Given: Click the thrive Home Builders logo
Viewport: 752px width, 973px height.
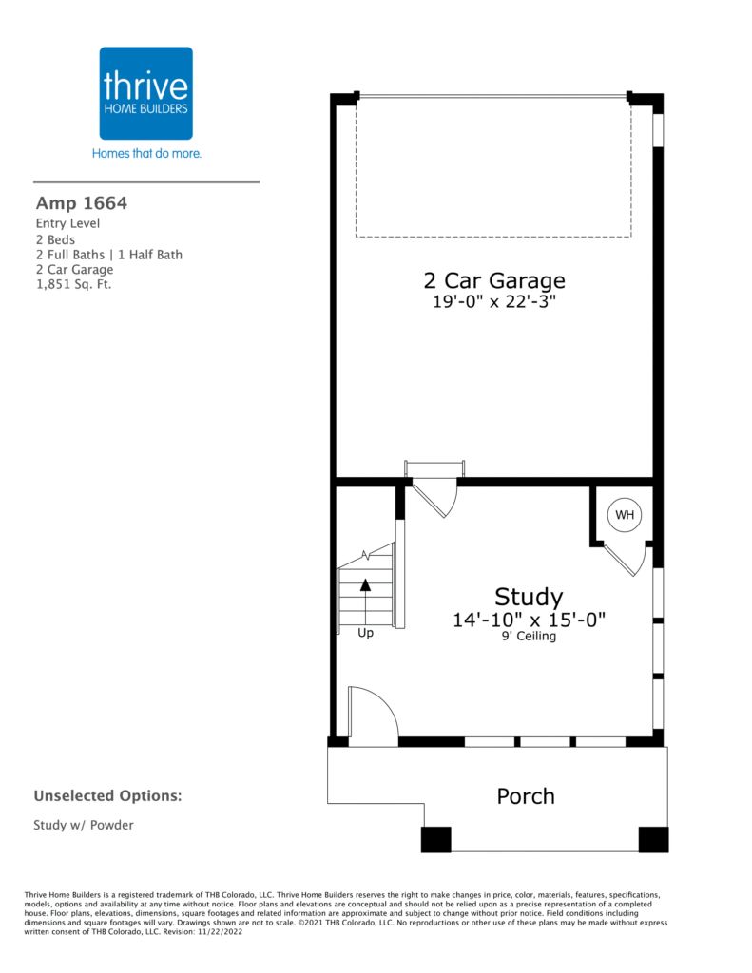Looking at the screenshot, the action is pyautogui.click(x=145, y=93).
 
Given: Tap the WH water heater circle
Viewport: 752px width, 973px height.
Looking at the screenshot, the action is pyautogui.click(x=625, y=514).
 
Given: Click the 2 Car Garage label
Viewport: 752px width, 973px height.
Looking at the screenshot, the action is pyautogui.click(x=494, y=280).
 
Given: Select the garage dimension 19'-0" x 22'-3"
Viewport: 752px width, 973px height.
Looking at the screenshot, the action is pyautogui.click(x=494, y=301).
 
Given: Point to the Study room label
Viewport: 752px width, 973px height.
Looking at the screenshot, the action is pyautogui.click(x=529, y=597).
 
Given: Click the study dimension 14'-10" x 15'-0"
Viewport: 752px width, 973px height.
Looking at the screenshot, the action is pyautogui.click(x=529, y=620).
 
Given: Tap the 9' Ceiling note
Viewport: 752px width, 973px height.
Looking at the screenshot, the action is pyautogui.click(x=529, y=636).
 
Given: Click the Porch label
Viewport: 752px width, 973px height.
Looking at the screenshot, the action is pyautogui.click(x=526, y=796).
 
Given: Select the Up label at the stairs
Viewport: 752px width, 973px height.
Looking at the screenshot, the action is pyautogui.click(x=365, y=633).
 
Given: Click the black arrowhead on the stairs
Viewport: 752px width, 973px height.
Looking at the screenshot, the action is pyautogui.click(x=365, y=584).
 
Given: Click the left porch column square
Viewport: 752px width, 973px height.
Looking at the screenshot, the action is pyautogui.click(x=436, y=839).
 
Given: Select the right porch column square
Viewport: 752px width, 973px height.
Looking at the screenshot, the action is pyautogui.click(x=653, y=839).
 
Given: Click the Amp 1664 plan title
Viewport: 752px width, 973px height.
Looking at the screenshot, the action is pyautogui.click(x=82, y=203).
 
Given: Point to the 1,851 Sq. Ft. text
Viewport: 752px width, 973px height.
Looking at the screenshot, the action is pyautogui.click(x=73, y=285).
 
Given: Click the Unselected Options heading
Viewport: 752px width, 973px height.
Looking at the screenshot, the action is pyautogui.click(x=107, y=796).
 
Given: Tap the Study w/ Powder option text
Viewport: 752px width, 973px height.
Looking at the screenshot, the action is pyautogui.click(x=84, y=825).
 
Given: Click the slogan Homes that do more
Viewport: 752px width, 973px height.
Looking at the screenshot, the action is pyautogui.click(x=146, y=153).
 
